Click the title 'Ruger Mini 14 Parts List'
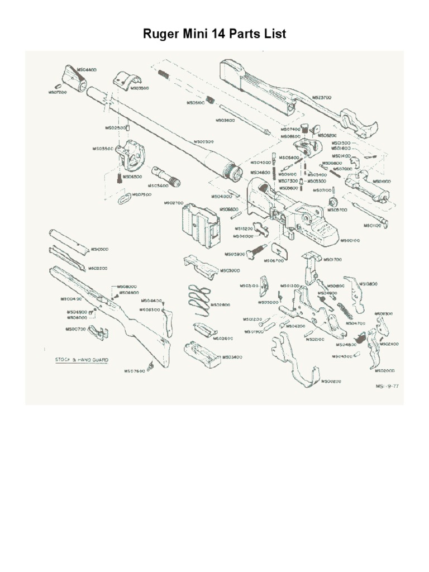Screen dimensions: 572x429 tap(214, 34)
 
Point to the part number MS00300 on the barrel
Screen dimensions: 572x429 tap(204, 142)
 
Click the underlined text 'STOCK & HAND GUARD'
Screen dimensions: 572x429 tap(82, 360)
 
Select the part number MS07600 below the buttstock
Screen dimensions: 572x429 tap(135, 370)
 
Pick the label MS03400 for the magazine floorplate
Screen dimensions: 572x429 tap(232, 357)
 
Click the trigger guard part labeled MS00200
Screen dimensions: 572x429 tap(293, 363)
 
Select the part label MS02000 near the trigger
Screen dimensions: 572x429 tap(385, 370)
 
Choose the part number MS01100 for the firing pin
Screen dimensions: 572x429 tap(373, 226)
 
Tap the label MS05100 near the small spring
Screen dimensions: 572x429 tap(196, 103)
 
